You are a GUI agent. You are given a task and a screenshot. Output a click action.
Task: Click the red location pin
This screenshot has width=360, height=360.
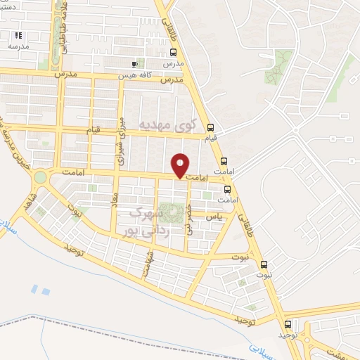click(x=181, y=166)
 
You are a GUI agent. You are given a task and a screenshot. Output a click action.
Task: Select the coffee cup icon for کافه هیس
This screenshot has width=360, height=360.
click(x=135, y=64)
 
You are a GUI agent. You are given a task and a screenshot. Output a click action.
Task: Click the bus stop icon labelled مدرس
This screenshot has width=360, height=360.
click(x=173, y=52)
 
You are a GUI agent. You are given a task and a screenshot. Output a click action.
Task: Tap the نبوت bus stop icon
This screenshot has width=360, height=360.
click(x=264, y=265)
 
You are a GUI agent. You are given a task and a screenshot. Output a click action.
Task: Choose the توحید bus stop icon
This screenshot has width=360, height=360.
click(x=288, y=324)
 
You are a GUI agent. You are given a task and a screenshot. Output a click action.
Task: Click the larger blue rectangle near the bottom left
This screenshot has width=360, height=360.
click(x=45, y=290)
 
